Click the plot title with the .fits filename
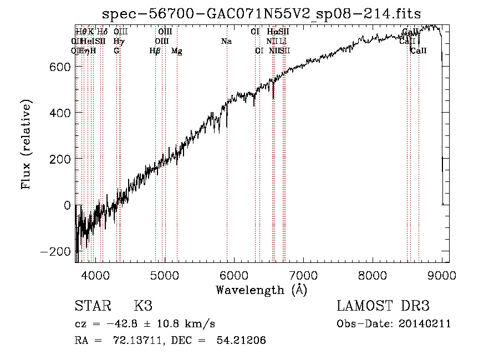pos(262,13)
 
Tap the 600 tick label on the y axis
pos(60,67)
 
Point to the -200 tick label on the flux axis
pos(55,251)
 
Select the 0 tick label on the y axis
pos(67,205)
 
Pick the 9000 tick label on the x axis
pos(442,275)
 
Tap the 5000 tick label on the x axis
pos(164,275)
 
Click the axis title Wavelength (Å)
pos(261,290)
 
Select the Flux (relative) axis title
pos(26,144)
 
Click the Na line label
pos(226,42)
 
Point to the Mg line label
pos(177,51)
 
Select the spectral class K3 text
pos(143,306)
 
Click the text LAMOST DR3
pos(383,306)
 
